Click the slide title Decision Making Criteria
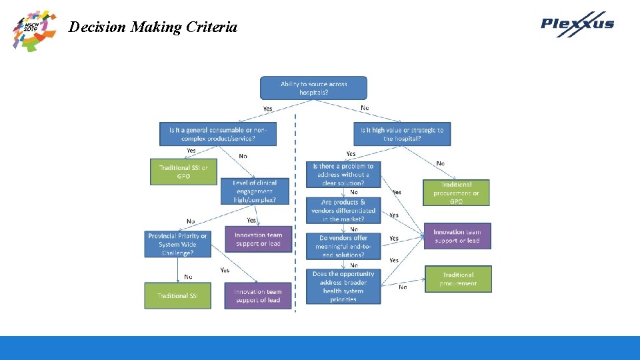(153, 27)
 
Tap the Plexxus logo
(577, 24)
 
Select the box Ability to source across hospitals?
(313, 88)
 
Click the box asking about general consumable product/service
(217, 134)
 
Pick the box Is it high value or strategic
(401, 134)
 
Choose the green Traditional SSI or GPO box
(183, 172)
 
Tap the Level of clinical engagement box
(254, 191)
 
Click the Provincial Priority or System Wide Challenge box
(177, 244)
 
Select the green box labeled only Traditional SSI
(177, 295)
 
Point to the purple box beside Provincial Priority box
(258, 239)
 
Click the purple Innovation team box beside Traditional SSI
(257, 296)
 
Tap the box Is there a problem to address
(343, 175)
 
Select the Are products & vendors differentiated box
(343, 211)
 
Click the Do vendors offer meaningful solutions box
(343, 247)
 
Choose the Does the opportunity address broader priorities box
(343, 287)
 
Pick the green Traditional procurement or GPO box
(456, 193)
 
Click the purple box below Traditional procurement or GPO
(457, 236)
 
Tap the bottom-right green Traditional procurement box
(458, 279)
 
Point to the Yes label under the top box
(267, 109)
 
